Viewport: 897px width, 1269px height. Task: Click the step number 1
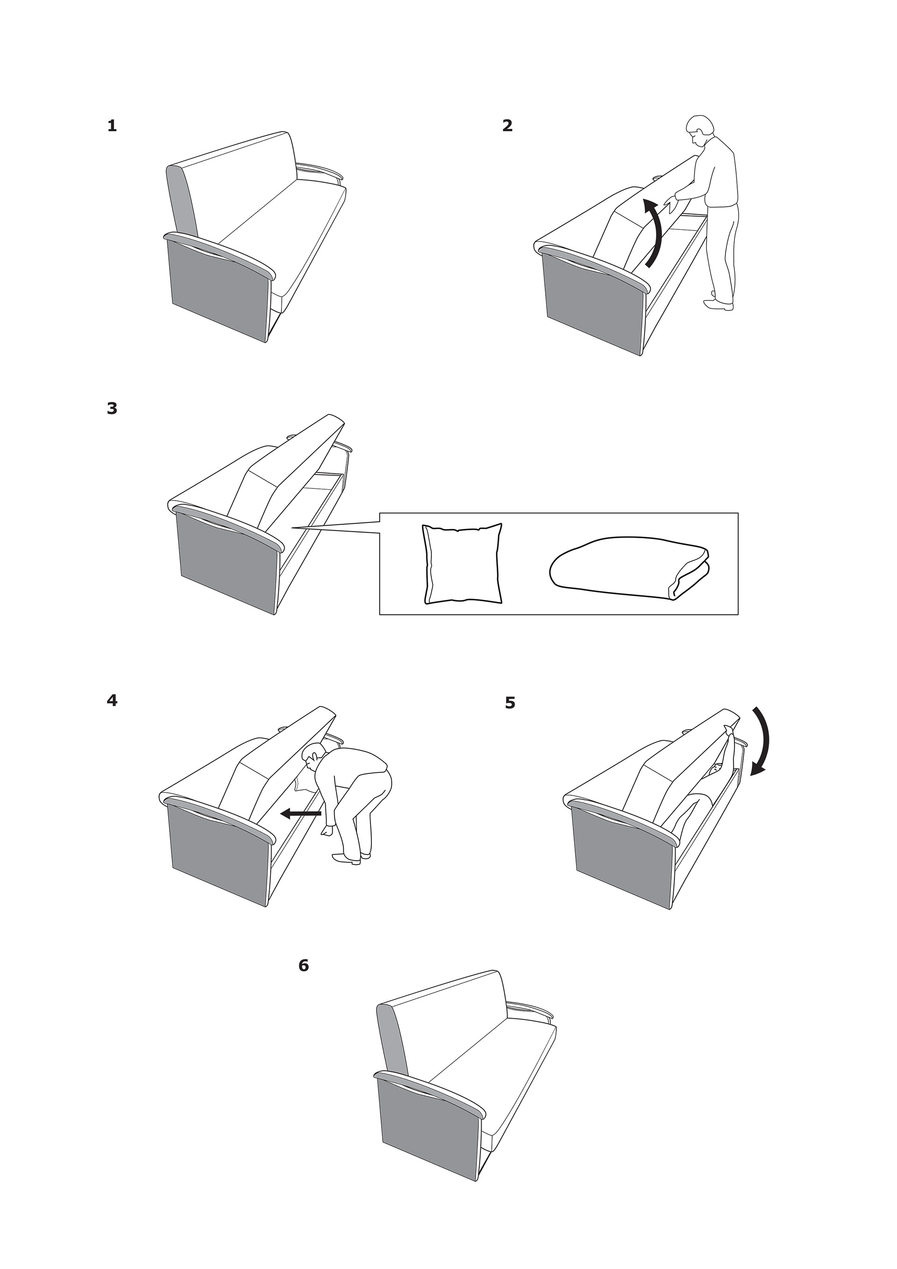point(112,126)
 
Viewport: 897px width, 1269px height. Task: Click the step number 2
point(507,126)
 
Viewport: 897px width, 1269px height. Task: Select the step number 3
point(112,408)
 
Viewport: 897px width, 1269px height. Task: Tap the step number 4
point(112,700)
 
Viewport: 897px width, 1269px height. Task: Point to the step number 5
point(510,703)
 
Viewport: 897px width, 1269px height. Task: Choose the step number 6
point(303,966)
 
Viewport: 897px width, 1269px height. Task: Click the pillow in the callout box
point(463,564)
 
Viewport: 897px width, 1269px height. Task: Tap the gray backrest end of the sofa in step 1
point(182,202)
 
